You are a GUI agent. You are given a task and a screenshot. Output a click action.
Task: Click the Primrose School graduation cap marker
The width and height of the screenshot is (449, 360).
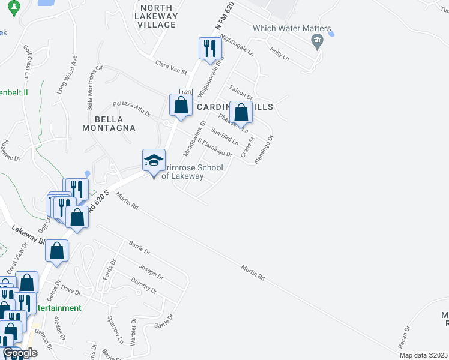[x=154, y=161]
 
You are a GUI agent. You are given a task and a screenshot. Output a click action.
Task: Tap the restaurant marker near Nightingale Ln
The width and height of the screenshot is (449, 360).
[x=209, y=49]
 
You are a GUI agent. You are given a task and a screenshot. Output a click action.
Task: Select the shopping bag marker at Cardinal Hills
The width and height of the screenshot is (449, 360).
[x=241, y=112]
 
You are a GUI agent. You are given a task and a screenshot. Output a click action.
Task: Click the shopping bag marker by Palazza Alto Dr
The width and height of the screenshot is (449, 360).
[x=181, y=106]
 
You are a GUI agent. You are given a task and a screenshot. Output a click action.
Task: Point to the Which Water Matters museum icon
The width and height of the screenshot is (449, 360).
[x=316, y=41]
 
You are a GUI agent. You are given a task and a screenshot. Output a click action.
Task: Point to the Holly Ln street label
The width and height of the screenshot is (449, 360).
[x=279, y=55]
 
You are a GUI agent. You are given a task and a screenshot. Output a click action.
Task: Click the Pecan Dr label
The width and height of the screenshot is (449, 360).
[x=408, y=336]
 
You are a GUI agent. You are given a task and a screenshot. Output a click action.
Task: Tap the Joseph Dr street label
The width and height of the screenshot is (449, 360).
[x=151, y=273]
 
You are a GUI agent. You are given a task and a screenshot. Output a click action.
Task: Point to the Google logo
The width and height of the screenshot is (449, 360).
[x=19, y=353]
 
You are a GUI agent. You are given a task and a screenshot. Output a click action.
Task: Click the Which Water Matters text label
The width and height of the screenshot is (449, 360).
[x=292, y=29]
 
